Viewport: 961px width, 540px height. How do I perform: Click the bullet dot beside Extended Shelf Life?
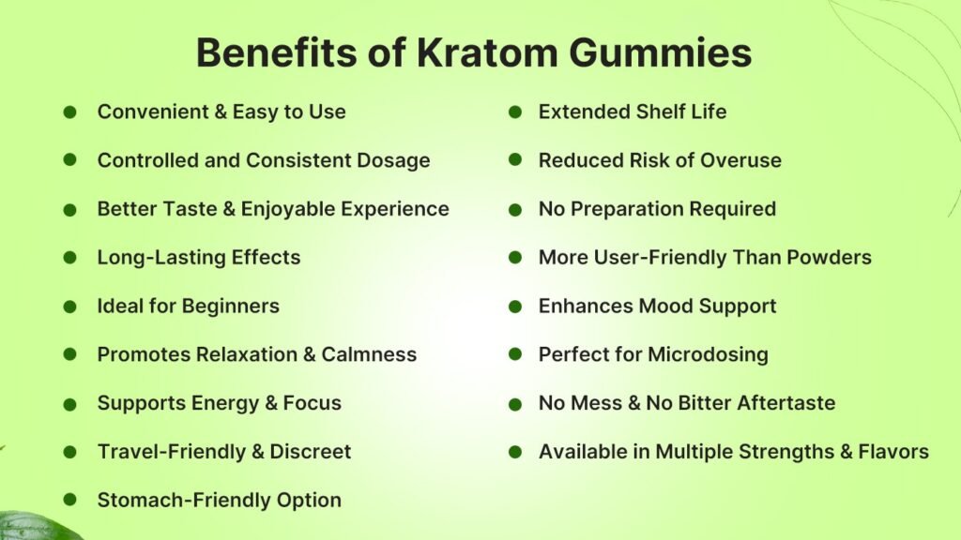coord(515,112)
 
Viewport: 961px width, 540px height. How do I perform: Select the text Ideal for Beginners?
coord(188,306)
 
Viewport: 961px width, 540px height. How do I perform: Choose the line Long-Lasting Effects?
coord(199,257)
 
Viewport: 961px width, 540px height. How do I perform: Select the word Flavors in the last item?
coord(893,452)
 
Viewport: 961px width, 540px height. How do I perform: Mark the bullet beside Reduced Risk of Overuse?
coord(515,160)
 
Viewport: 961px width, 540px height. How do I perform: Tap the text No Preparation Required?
coord(657,208)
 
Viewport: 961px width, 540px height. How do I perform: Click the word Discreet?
coord(311,452)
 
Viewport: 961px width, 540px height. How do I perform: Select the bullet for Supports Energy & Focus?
coord(70,404)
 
